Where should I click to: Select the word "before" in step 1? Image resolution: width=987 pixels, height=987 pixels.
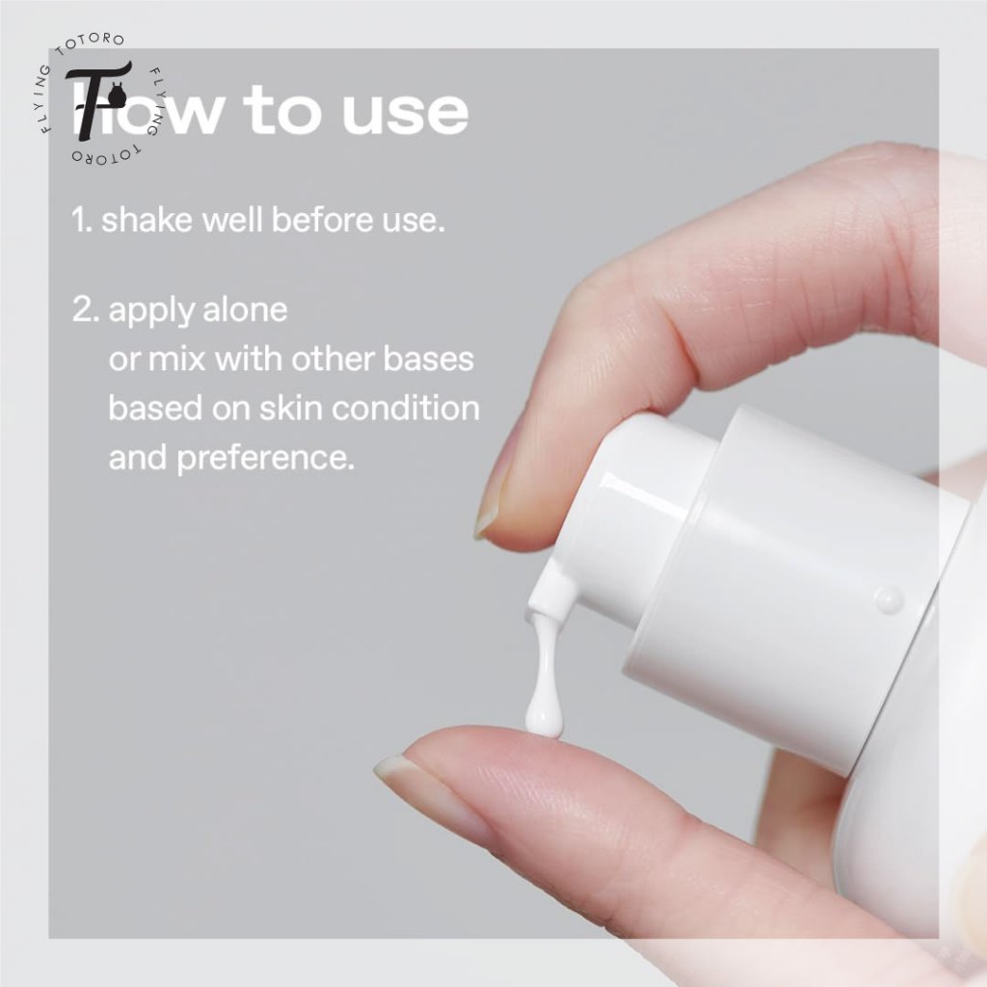(322, 221)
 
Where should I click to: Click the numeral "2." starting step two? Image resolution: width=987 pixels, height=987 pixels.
(86, 309)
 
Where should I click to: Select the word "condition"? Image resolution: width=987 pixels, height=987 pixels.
(406, 408)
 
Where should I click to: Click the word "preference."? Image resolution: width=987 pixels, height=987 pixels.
(266, 459)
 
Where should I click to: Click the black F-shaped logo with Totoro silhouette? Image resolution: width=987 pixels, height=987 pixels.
(98, 99)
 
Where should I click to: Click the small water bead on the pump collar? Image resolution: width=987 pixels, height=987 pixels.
(889, 600)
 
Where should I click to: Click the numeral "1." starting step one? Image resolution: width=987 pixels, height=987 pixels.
(81, 221)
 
